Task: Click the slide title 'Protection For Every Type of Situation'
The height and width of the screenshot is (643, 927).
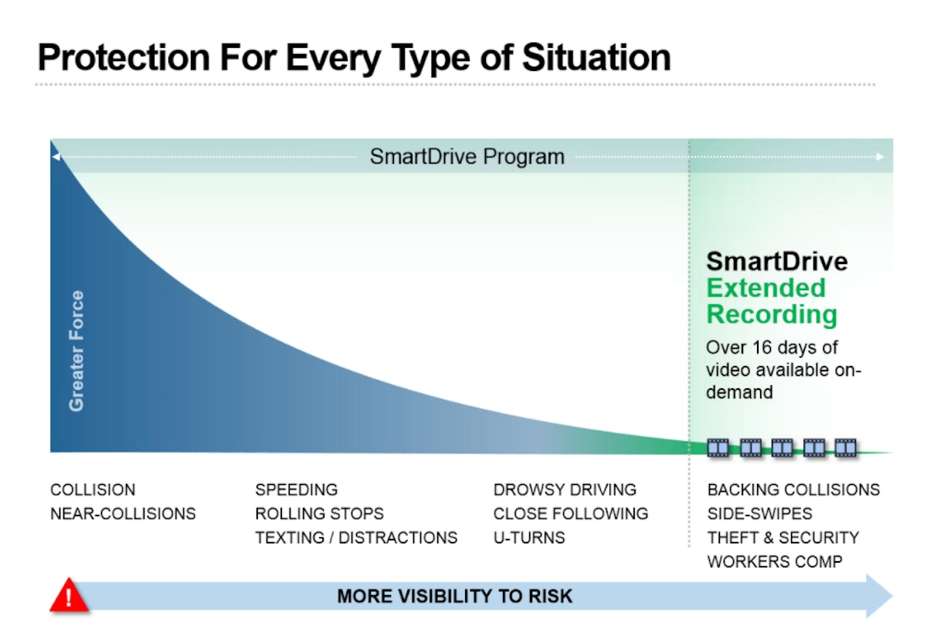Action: coord(354,57)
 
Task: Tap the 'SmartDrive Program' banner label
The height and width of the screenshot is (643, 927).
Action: coord(467,157)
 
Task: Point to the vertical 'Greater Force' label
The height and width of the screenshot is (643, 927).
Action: coord(76,350)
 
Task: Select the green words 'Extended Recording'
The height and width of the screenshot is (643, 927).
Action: coord(771,301)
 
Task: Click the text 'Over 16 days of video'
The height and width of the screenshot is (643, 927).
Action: coord(772,358)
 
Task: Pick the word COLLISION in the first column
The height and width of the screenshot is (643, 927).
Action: coord(93,490)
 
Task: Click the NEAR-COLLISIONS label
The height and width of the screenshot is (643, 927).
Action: coord(123,513)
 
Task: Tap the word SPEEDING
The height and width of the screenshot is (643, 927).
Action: coord(296,490)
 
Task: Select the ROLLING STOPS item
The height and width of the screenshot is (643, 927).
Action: coord(319,513)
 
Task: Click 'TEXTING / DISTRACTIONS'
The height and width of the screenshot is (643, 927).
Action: coord(356,537)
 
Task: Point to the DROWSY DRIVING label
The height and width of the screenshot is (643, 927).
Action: coord(565,490)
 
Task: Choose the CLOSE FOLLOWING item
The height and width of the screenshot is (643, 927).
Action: coord(570,513)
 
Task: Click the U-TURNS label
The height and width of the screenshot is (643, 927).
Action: coord(529,537)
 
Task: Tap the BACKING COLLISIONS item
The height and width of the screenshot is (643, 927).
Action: coord(793,490)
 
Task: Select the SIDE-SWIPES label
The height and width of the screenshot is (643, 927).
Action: coord(759,513)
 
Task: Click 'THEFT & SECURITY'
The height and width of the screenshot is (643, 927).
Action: coord(783,537)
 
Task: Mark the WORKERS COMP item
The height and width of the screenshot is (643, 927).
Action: coord(774,561)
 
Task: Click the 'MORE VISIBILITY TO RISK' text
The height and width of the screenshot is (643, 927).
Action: coord(455,597)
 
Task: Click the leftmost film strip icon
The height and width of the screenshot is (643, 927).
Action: coord(718,447)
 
